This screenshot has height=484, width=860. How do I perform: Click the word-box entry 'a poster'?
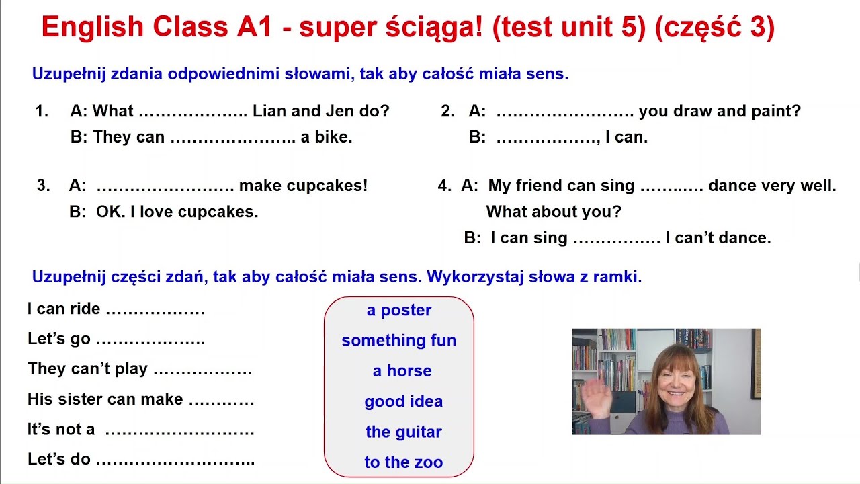click(399, 310)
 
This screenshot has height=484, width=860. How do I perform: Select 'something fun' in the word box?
click(399, 340)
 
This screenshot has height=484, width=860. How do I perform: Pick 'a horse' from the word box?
click(402, 370)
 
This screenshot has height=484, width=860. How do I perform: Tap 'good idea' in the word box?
click(403, 401)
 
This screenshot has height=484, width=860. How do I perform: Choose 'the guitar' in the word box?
click(403, 432)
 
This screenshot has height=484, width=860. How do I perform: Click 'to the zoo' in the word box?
click(403, 462)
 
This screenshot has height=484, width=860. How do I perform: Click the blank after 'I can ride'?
click(155, 311)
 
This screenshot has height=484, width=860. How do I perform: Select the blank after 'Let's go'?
click(150, 341)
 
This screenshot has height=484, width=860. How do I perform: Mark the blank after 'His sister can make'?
click(221, 401)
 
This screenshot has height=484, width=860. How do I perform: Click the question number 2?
click(448, 112)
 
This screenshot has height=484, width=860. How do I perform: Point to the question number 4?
click(444, 186)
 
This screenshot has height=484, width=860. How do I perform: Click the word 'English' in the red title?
click(93, 28)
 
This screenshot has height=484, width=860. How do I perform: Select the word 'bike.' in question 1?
click(335, 137)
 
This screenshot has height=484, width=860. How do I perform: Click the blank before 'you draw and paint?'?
click(565, 113)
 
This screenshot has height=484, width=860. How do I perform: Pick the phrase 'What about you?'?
click(554, 212)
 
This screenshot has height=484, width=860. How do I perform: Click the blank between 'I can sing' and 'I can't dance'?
click(617, 239)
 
